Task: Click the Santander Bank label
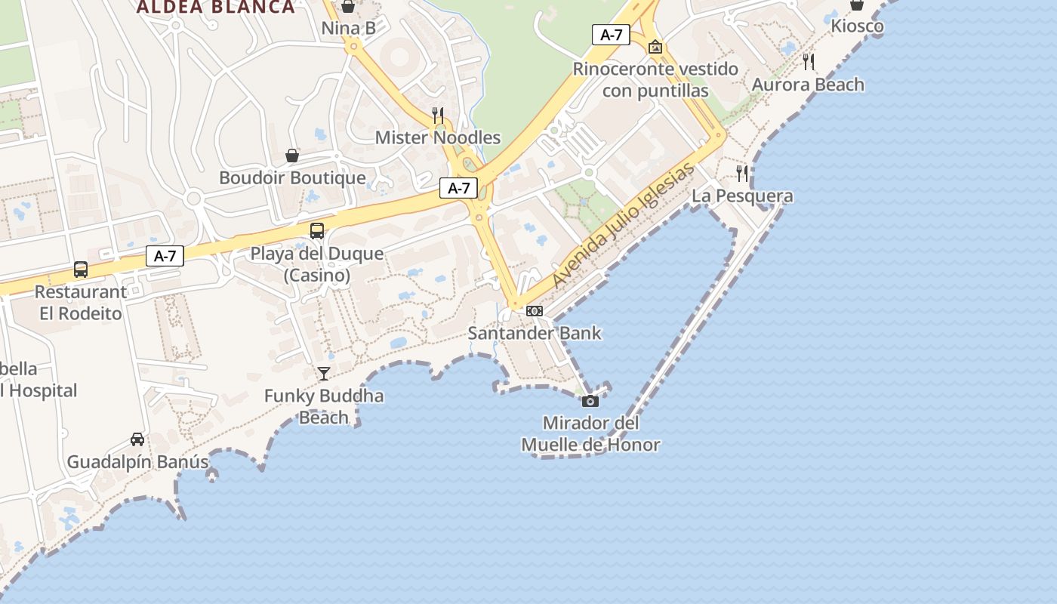(x=535, y=333)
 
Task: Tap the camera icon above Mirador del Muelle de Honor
(x=590, y=401)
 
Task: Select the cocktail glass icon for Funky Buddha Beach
(x=324, y=373)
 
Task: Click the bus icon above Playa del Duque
(x=317, y=231)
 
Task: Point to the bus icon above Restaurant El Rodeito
(x=81, y=270)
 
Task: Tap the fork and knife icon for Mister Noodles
(x=437, y=115)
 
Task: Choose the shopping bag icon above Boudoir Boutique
(x=292, y=156)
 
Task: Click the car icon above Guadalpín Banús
(x=137, y=439)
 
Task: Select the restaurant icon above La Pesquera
(x=742, y=174)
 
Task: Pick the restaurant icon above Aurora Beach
(x=809, y=62)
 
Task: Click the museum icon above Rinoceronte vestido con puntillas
(x=655, y=47)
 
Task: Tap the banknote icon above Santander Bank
(x=535, y=311)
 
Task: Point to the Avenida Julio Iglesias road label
(x=623, y=226)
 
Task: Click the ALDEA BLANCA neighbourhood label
(x=215, y=8)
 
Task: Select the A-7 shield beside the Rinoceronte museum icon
(x=611, y=34)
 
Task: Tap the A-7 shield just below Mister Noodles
(x=459, y=188)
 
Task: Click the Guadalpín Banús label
(x=137, y=462)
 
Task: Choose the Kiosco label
(x=857, y=26)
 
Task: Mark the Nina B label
(x=348, y=29)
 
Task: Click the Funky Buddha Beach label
(x=324, y=406)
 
